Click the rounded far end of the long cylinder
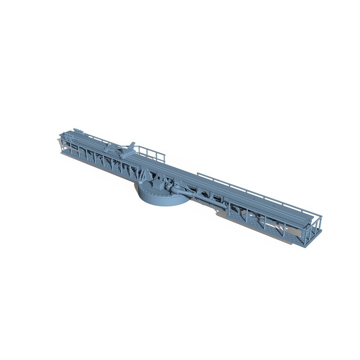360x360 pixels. tap(223, 205)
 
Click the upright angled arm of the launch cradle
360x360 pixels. tap(132, 146)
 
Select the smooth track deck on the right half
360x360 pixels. tap(244, 195)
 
